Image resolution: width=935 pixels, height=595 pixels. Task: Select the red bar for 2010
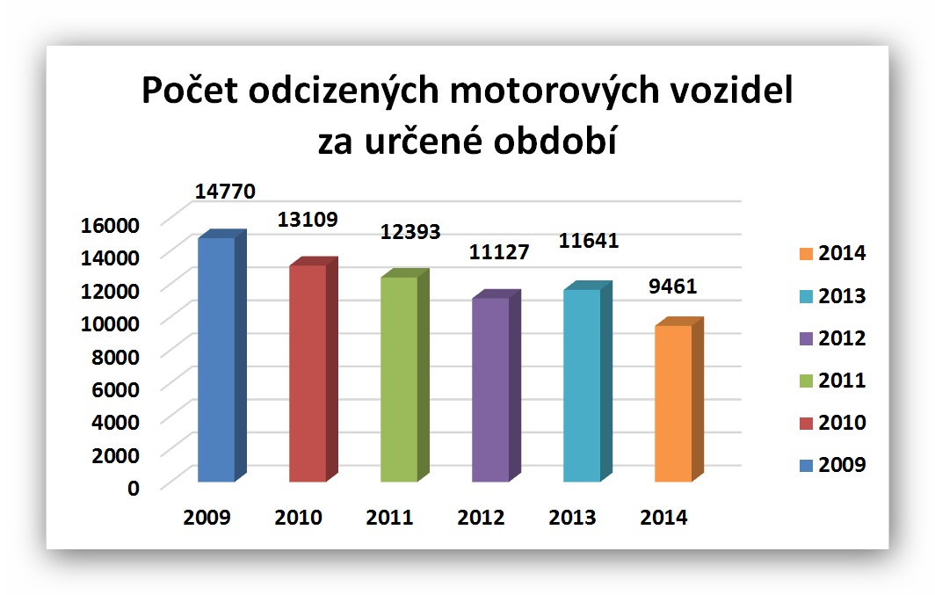314,369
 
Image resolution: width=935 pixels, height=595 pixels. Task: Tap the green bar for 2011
405,375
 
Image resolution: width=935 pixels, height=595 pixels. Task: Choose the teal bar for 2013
588,381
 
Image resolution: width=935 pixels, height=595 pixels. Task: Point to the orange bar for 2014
679,399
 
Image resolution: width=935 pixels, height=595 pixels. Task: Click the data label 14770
225,192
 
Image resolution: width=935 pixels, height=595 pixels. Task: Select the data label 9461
672,287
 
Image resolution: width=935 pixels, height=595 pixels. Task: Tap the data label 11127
499,252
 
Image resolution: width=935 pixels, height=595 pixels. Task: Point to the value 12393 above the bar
410,231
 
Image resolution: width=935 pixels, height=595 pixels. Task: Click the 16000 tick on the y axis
110,225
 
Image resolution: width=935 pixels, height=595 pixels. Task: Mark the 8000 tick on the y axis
116,357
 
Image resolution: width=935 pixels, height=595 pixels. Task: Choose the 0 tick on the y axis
134,489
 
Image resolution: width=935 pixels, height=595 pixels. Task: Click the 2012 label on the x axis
481,517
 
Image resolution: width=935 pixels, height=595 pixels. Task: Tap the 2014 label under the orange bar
663,517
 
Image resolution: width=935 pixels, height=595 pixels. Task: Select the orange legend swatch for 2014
806,254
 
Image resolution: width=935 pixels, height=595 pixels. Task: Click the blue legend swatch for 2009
806,466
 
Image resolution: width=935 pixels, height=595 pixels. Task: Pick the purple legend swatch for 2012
806,338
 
